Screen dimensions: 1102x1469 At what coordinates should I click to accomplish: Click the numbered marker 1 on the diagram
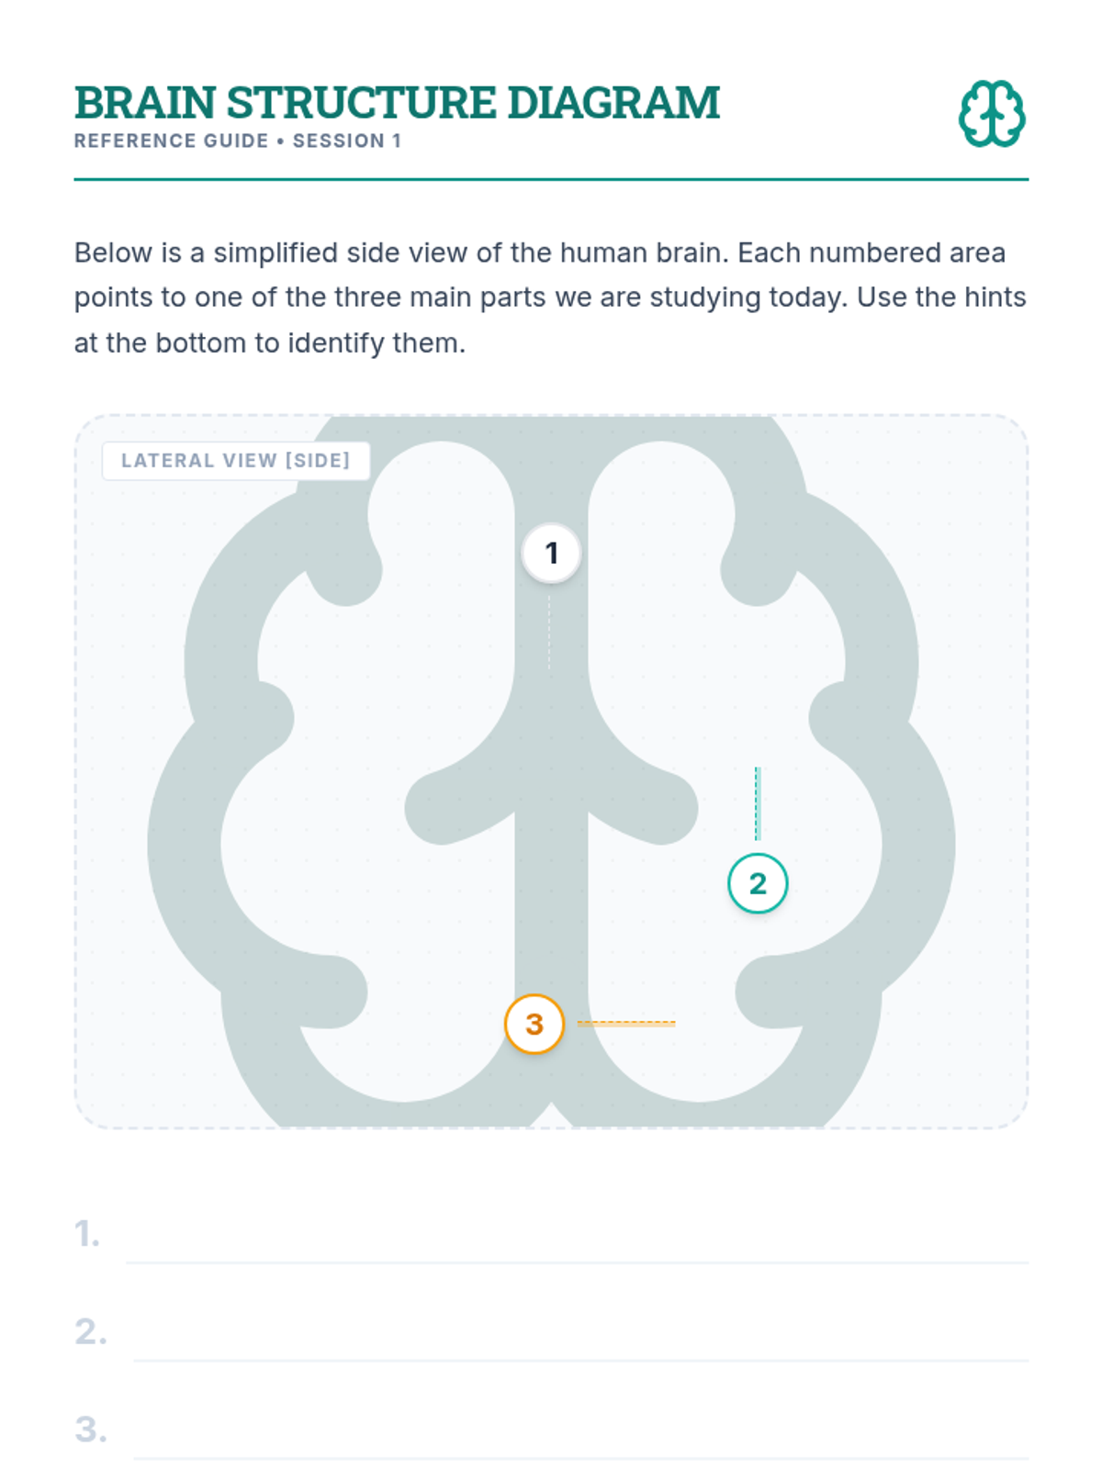coord(551,553)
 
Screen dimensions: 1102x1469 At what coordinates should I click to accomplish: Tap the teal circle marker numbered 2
coord(758,883)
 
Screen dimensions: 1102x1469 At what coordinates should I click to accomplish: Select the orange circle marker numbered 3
coord(534,1024)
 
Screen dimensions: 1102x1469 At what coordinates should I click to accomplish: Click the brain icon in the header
coord(992,113)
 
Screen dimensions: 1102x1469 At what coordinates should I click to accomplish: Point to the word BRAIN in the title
coord(145,103)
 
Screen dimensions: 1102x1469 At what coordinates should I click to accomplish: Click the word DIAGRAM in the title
coord(613,103)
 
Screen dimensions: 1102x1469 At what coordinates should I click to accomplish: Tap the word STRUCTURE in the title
coord(361,103)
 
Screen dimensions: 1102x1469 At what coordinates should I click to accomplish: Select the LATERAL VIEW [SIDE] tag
coord(235,461)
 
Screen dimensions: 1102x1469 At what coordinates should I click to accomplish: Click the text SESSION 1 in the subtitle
coord(346,140)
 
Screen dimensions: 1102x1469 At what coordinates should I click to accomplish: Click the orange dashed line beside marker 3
coord(626,1023)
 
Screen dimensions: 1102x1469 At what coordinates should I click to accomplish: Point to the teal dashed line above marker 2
coord(758,803)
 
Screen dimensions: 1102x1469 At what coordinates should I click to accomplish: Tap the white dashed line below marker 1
coord(549,632)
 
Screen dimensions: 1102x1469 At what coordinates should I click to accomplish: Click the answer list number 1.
coord(86,1233)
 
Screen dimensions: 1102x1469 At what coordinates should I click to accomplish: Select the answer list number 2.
coord(90,1331)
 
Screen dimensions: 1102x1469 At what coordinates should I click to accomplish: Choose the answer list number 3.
coord(90,1430)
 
